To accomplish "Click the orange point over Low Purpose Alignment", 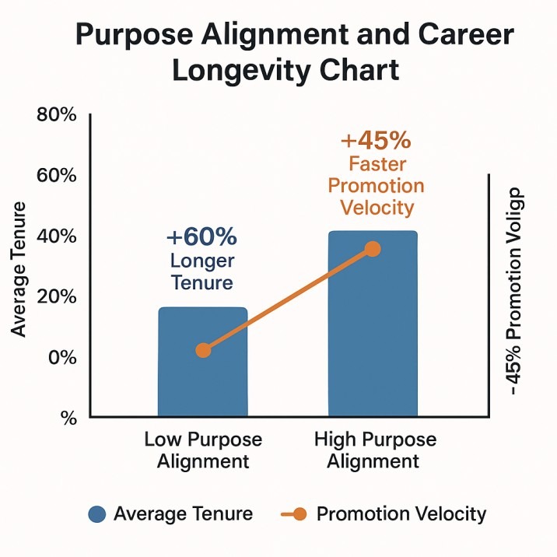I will point(203,350).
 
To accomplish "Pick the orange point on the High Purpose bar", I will point(373,249).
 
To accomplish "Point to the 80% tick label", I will point(57,115).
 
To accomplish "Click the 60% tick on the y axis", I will point(57,176).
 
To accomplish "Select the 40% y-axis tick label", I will point(57,236).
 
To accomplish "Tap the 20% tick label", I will point(57,297).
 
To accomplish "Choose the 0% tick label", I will point(61,358).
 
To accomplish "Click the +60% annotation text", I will point(201,236).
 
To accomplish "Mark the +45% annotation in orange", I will point(376,142).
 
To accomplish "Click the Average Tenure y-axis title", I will point(19,268).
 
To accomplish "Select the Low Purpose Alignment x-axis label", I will point(203,450).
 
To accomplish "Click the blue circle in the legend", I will point(96,514).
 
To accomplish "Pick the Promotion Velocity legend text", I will point(401,514).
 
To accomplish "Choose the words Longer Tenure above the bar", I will point(201,271).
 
